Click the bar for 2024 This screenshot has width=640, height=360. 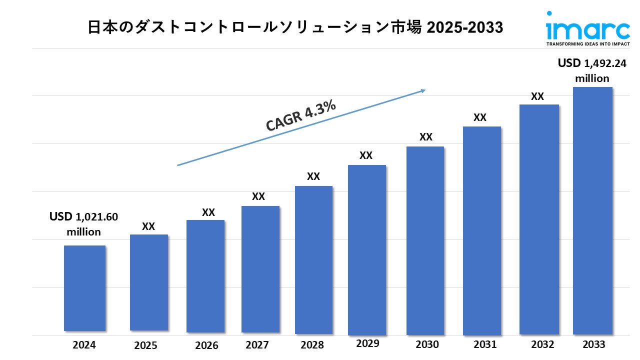click(x=84, y=288)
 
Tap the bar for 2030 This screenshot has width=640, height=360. click(x=425, y=240)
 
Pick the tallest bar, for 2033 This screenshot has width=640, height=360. click(x=592, y=210)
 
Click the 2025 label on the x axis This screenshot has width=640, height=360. click(x=145, y=345)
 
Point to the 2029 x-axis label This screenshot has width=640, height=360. click(x=367, y=343)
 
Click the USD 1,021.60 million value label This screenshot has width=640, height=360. click(x=83, y=224)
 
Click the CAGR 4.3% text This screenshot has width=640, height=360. click(x=300, y=116)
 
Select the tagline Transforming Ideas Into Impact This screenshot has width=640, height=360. click(x=587, y=44)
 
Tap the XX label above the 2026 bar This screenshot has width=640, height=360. click(x=208, y=212)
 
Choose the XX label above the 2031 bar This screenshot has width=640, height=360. click(x=480, y=118)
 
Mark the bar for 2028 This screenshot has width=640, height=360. click(x=313, y=259)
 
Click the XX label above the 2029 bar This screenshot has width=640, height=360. click(x=366, y=155)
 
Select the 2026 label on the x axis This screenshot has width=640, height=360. click(x=206, y=345)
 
